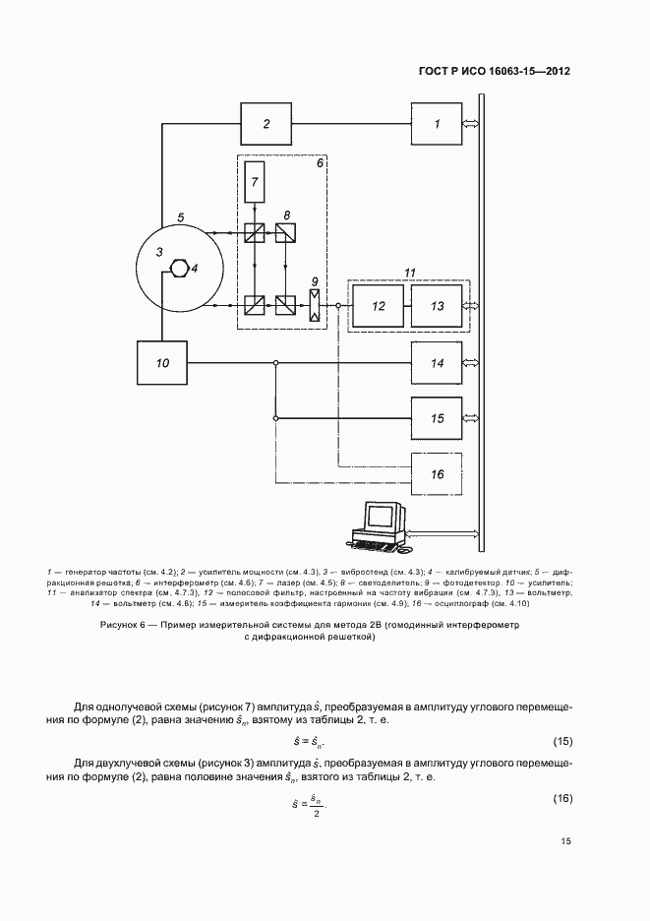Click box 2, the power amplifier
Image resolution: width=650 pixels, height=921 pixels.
pyautogui.click(x=266, y=124)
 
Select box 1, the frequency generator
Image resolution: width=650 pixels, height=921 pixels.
pyautogui.click(x=438, y=124)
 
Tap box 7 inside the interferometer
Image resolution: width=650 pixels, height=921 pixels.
pyautogui.click(x=255, y=180)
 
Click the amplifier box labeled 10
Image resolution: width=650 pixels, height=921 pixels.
pyautogui.click(x=163, y=363)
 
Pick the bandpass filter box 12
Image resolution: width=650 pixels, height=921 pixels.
pyautogui.click(x=379, y=306)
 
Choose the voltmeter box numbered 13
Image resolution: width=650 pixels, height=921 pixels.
pyautogui.click(x=438, y=306)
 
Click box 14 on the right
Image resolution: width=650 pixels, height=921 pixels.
pyautogui.click(x=438, y=363)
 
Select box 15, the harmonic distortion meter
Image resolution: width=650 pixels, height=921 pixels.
pyautogui.click(x=438, y=418)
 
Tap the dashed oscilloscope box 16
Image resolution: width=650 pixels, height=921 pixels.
pyautogui.click(x=438, y=474)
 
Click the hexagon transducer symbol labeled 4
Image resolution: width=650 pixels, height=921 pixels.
pyautogui.click(x=180, y=267)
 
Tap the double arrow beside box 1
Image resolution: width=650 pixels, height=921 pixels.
pyautogui.click(x=472, y=124)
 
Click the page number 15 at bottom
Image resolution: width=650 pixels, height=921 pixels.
pyautogui.click(x=565, y=841)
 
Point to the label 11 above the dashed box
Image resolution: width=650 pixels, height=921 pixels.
pyautogui.click(x=411, y=271)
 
